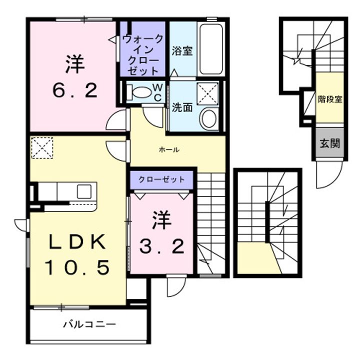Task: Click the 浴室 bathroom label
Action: click(182, 50)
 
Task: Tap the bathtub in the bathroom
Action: click(211, 49)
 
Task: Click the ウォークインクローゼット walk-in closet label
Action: click(143, 55)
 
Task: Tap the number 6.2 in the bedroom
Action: click(75, 90)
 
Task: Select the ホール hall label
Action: click(169, 150)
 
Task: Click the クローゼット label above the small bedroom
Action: click(161, 179)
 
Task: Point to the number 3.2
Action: click(161, 246)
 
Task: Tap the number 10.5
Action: click(77, 267)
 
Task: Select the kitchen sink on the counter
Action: click(84, 191)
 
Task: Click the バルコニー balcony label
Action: click(89, 324)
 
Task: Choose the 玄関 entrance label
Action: click(329, 143)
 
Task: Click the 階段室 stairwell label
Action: click(330, 99)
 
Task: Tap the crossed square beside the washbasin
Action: click(208, 94)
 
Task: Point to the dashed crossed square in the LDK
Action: click(42, 147)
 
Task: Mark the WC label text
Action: click(157, 92)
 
